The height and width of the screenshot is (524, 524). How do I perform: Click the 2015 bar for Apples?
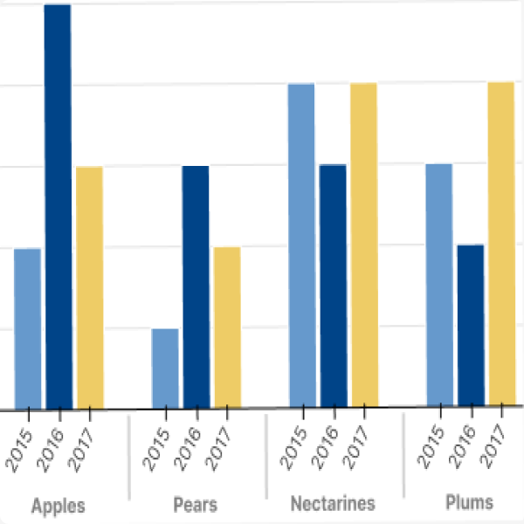coord(27,328)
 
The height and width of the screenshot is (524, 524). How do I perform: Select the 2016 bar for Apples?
coord(58,206)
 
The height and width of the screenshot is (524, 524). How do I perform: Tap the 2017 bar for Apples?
coord(89,287)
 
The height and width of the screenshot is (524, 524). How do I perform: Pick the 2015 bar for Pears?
coord(165,369)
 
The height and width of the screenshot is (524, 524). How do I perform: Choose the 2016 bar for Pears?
coord(196,287)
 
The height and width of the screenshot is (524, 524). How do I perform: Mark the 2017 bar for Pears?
coord(227,327)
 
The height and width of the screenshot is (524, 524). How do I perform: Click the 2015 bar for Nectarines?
coord(301,246)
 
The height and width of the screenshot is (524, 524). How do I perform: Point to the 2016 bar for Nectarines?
coord(333,286)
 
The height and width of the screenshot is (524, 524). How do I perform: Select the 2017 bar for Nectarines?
coord(363,246)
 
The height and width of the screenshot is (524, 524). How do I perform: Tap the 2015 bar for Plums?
coord(439,286)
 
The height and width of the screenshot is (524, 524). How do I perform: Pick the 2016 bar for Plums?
coord(470,326)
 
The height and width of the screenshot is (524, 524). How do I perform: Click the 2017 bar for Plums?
coord(501,245)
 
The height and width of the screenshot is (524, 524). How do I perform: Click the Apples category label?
coord(58,506)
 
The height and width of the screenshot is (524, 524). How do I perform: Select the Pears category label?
coord(196,505)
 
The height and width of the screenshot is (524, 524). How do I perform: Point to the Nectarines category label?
coord(333,504)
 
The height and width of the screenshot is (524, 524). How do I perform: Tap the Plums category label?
coord(470,502)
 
